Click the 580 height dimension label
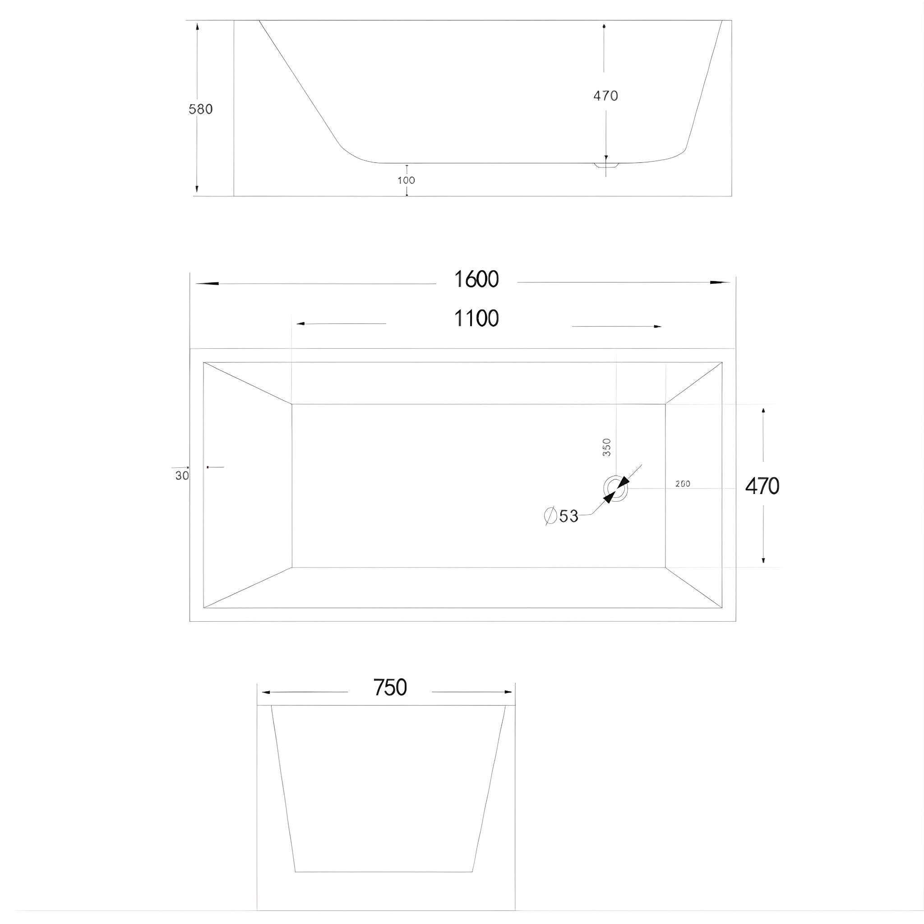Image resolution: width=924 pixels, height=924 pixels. tap(200, 110)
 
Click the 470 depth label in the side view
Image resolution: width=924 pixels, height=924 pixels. tap(605, 96)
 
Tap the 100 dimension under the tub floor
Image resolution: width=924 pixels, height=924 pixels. tap(406, 180)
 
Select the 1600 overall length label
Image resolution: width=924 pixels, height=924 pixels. tap(476, 279)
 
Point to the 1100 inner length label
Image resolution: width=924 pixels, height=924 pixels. tap(476, 319)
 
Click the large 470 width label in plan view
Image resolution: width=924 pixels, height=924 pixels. tap(762, 486)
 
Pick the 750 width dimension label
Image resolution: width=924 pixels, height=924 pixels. tap(390, 688)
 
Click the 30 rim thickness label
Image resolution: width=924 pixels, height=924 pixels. tap(182, 476)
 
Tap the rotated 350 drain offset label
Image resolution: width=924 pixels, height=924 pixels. tap(606, 447)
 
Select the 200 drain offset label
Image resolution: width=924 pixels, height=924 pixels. tap(683, 484)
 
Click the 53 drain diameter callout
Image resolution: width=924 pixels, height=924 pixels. tap(568, 516)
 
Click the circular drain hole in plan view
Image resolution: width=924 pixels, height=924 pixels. tap(615, 488)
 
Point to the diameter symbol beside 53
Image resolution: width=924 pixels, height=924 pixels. tap(550, 516)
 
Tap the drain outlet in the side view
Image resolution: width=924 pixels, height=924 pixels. tap(606, 166)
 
